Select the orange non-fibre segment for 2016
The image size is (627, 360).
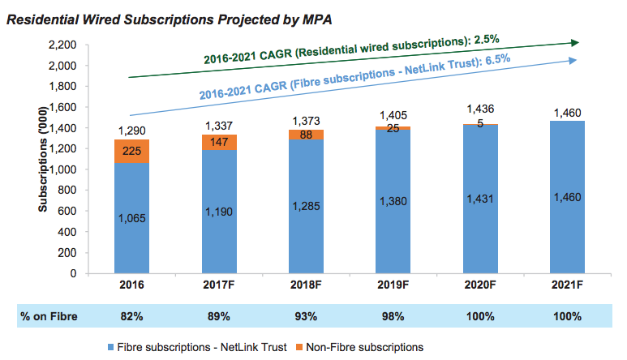(132, 152)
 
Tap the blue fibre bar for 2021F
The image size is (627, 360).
(566, 197)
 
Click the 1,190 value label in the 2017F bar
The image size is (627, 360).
(220, 212)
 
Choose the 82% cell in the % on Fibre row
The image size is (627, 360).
(132, 316)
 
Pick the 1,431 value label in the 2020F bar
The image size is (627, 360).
(480, 197)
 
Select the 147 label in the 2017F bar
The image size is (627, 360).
(220, 142)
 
